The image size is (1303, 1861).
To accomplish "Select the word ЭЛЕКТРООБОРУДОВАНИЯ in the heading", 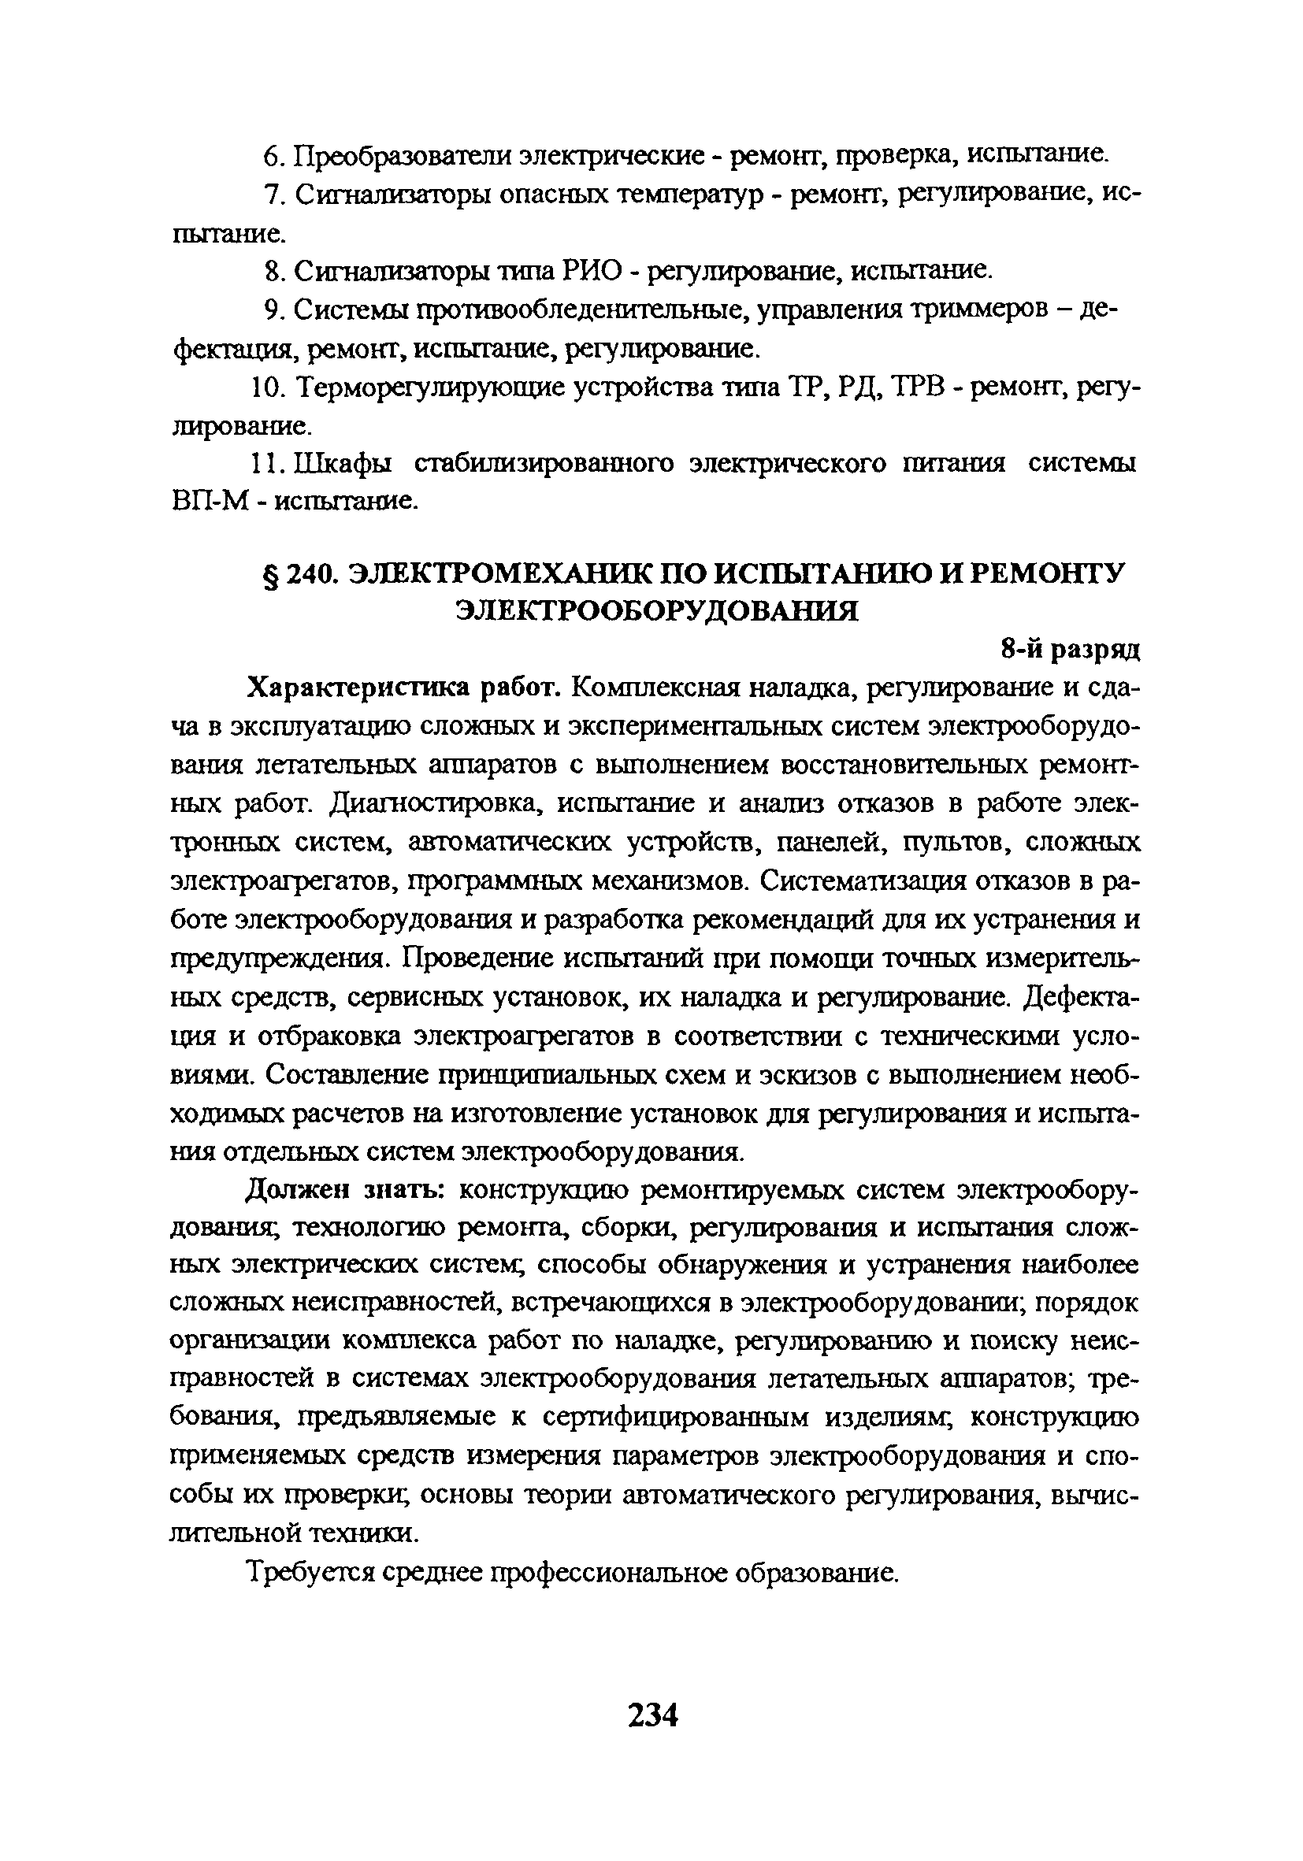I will [x=656, y=610].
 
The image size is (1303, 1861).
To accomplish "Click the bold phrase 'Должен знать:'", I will [x=343, y=1190].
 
